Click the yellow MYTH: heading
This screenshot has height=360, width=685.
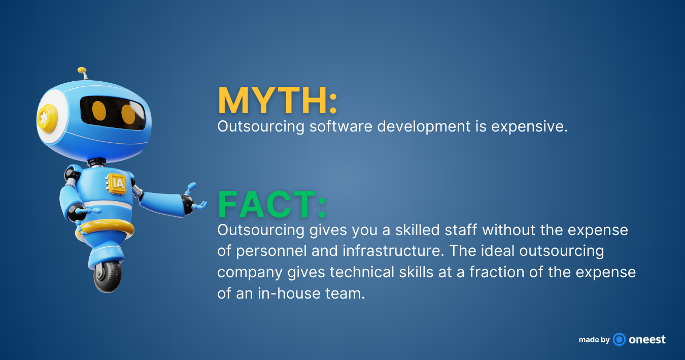coord(278,101)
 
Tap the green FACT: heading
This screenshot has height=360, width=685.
coord(272,204)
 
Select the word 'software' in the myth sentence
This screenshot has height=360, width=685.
coord(340,126)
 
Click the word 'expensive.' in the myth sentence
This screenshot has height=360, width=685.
coord(529,127)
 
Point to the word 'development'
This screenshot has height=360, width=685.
coord(424,127)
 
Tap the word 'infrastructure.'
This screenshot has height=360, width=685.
coord(393,250)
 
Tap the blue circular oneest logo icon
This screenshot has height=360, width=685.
coord(619,340)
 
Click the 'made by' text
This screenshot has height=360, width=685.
coord(594,340)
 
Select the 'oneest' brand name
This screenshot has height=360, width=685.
coord(647,340)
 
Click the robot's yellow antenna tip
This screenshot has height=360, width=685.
coord(82,70)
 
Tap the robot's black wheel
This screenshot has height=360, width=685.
coord(108,276)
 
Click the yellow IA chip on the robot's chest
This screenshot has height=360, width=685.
coord(117,183)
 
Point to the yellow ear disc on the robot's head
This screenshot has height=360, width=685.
coord(47,118)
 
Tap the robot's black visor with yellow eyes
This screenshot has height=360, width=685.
coord(113,113)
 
